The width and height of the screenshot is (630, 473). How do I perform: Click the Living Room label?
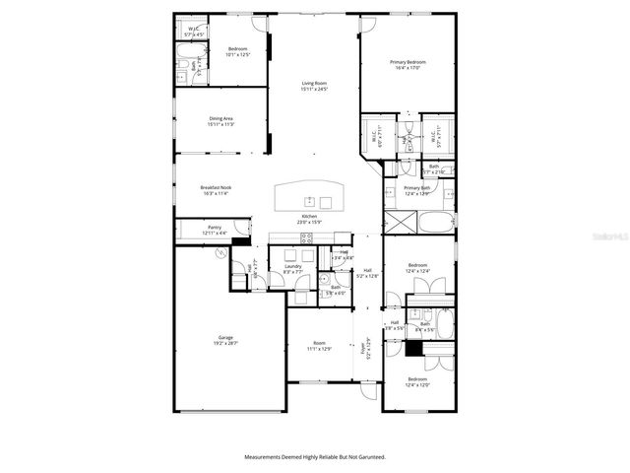coord(313,84)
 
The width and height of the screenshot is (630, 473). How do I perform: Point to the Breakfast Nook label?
coord(216,187)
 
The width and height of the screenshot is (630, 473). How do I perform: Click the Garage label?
coord(225,337)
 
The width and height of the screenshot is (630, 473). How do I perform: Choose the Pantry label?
coord(214,228)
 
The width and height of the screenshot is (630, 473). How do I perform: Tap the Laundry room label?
coord(292,265)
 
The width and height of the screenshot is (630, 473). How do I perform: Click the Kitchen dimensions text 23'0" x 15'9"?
coord(309,222)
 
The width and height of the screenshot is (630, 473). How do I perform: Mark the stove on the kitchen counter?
coord(306,237)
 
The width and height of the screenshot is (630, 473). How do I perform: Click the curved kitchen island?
coord(310,196)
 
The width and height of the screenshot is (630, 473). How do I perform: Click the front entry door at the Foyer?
coord(370,393)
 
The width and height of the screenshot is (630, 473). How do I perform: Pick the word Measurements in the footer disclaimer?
coord(266,456)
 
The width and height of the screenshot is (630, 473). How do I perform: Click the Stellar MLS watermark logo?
coord(610,236)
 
